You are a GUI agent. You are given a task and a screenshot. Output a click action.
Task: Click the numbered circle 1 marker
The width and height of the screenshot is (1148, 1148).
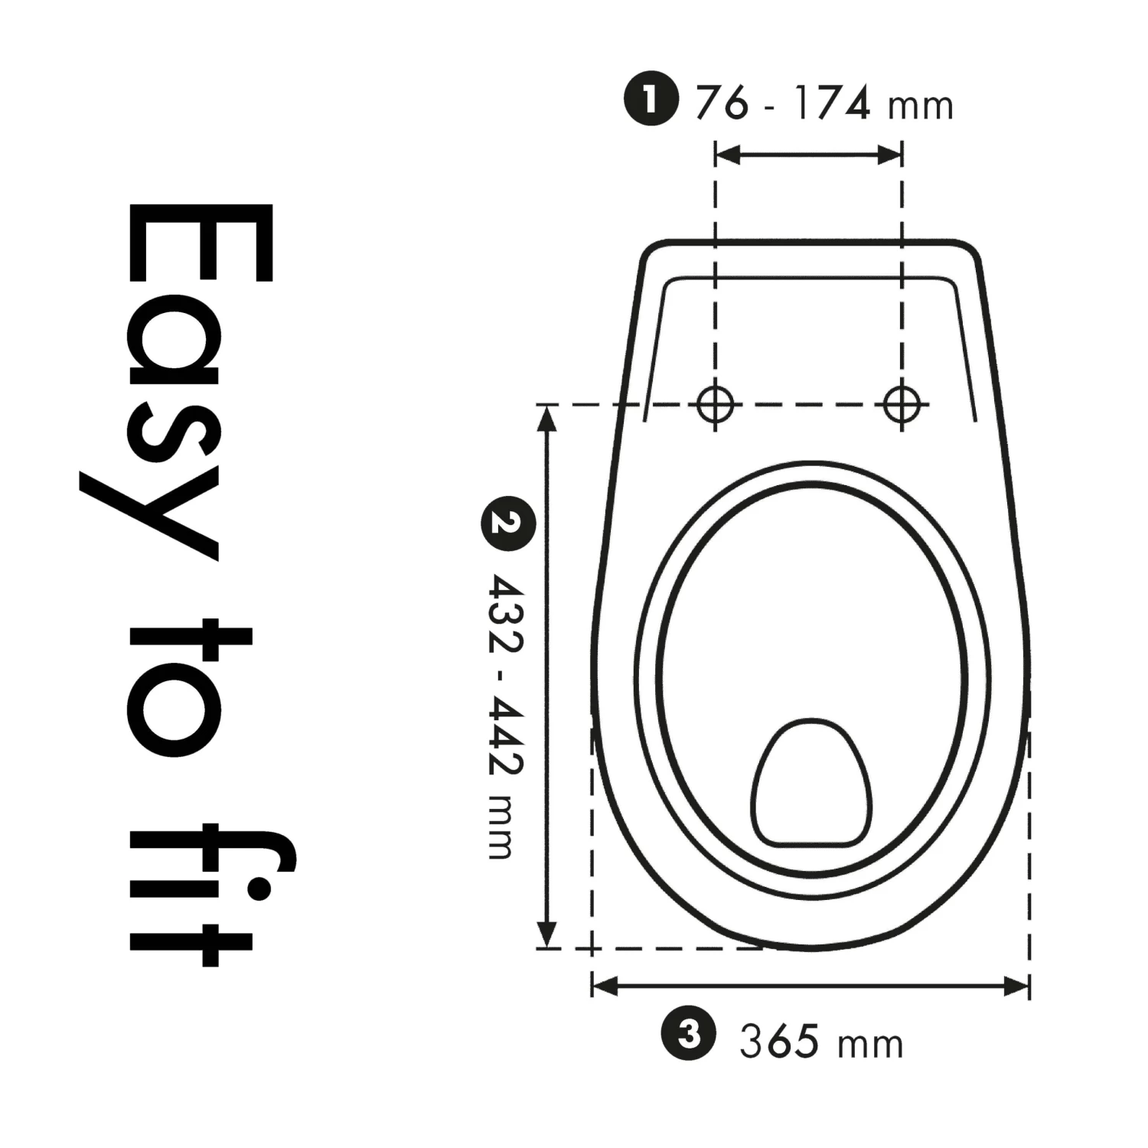(x=651, y=99)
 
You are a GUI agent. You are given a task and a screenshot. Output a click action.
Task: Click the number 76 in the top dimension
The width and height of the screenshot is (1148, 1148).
(x=721, y=103)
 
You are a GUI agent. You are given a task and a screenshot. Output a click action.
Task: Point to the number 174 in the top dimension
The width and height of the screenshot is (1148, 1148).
(x=831, y=103)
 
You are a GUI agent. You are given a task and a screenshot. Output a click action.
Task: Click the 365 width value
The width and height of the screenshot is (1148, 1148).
(x=779, y=1042)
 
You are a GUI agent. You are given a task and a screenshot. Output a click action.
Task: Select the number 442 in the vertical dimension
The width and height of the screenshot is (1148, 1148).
(x=506, y=739)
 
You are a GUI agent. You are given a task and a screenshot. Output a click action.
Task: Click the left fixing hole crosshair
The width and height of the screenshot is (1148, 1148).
(x=716, y=404)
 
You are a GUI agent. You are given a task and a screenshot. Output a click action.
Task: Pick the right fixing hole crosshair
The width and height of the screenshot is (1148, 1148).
(x=902, y=404)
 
